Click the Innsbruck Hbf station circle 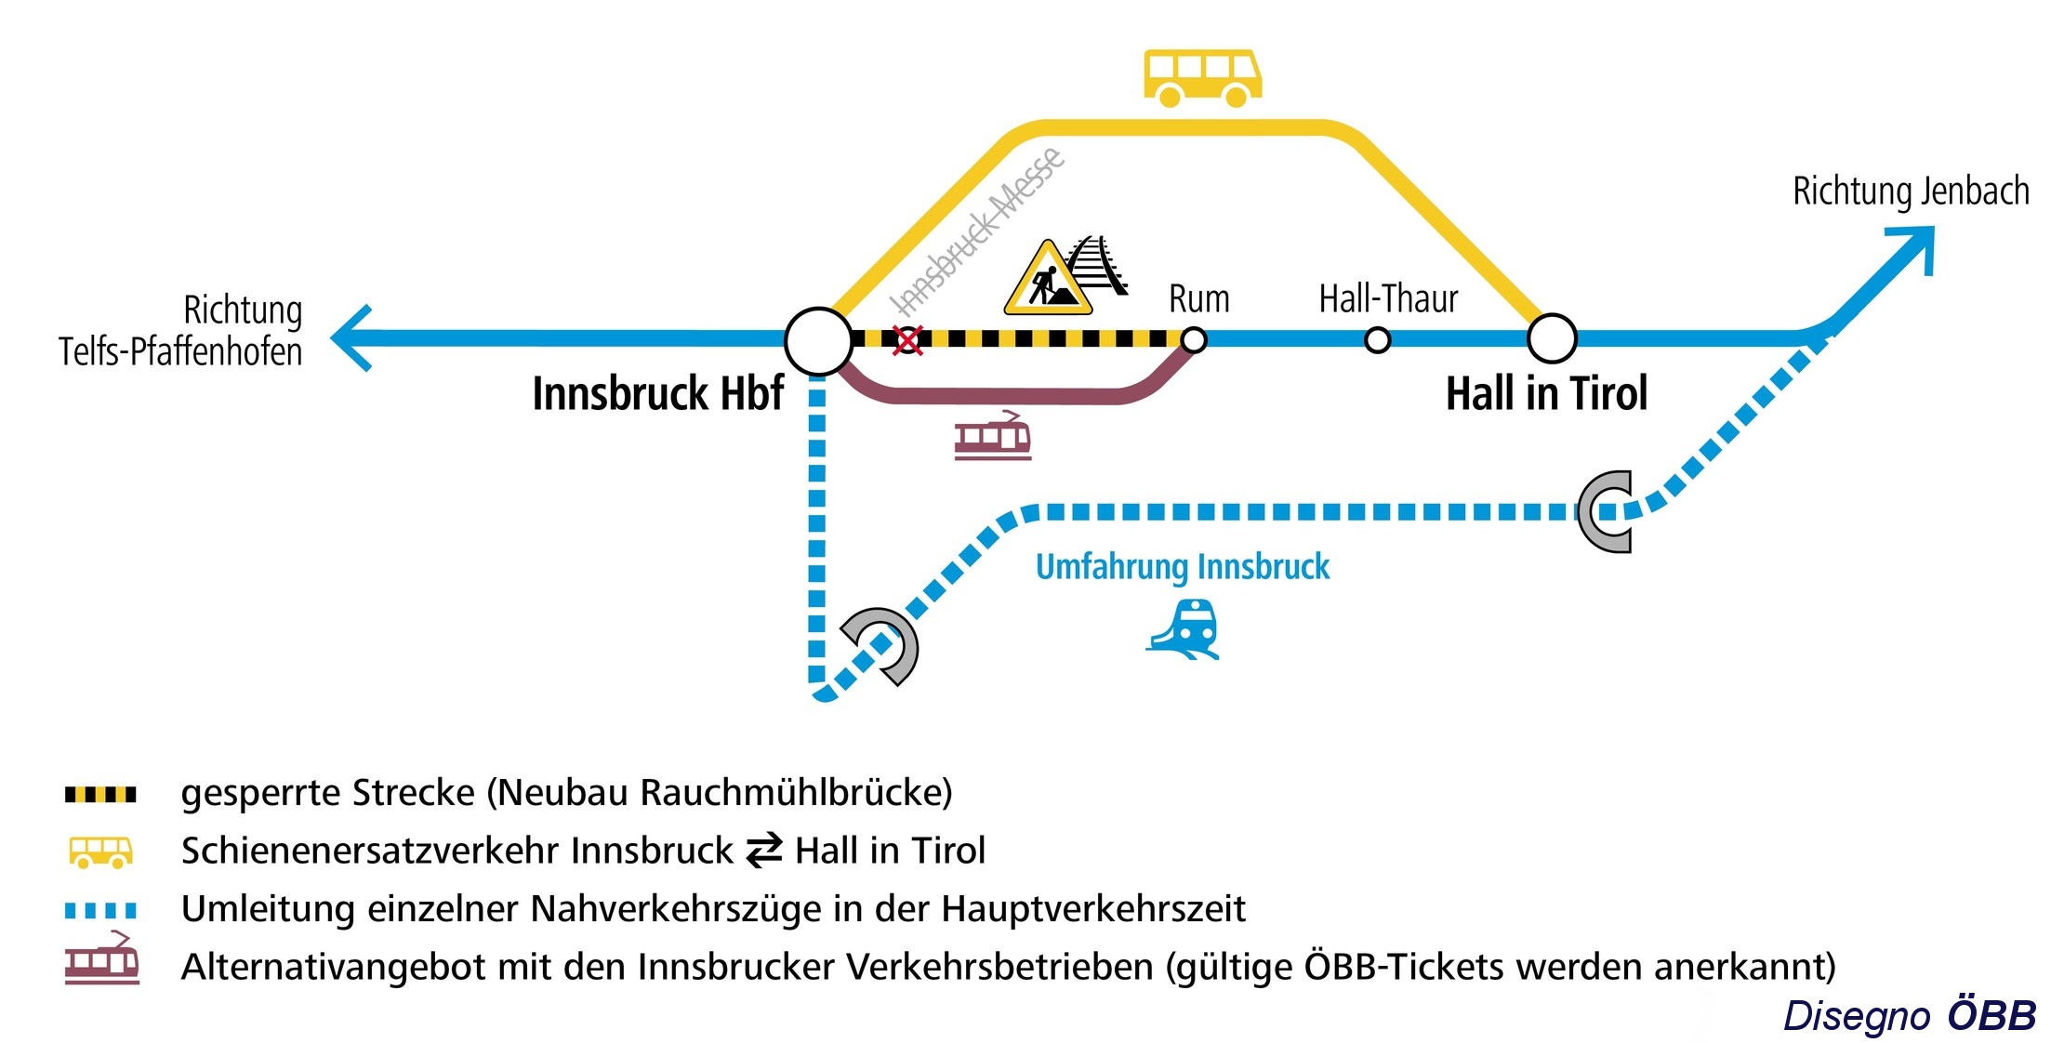(x=818, y=341)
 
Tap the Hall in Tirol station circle (x=1552, y=338)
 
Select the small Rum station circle (x=1194, y=340)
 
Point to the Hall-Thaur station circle (x=1377, y=340)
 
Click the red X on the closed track (x=907, y=340)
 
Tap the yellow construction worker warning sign (x=1048, y=279)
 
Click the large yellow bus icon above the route (x=1202, y=78)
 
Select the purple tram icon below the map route (x=993, y=436)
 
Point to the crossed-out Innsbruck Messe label (x=977, y=231)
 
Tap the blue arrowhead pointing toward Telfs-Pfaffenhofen (x=352, y=338)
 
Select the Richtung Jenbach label (x=1910, y=191)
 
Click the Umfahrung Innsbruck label (x=1182, y=567)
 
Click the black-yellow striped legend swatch (x=100, y=795)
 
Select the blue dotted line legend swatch (x=100, y=910)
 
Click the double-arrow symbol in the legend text (x=764, y=852)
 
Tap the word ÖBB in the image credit (x=1991, y=1015)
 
